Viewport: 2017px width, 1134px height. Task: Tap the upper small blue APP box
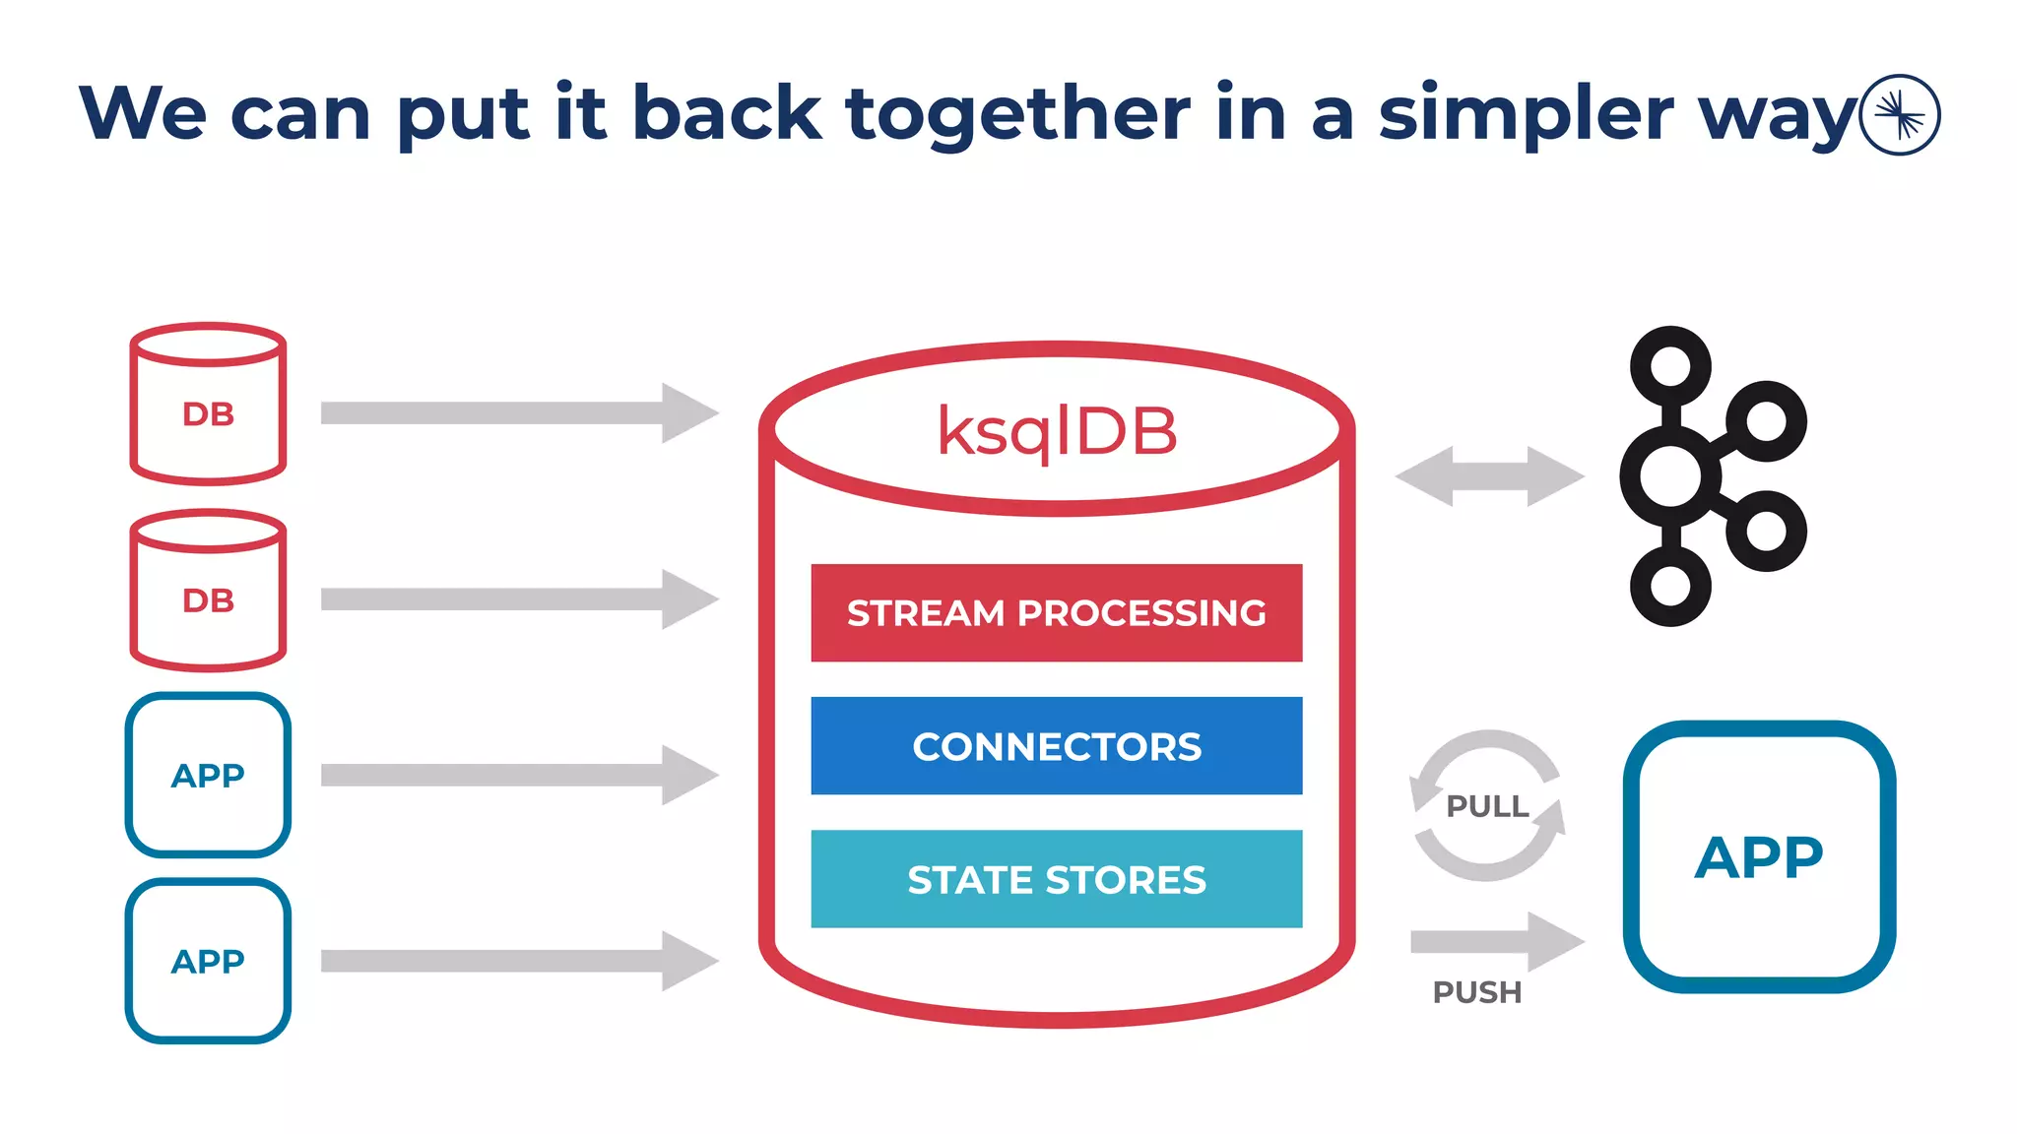(208, 775)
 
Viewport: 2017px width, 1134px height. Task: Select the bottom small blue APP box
(208, 961)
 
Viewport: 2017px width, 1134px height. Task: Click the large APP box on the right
(1759, 856)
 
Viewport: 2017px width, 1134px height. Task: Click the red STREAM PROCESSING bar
(1056, 612)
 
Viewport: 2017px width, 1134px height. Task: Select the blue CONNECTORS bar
(1056, 746)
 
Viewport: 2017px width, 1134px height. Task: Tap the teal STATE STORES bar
(1056, 879)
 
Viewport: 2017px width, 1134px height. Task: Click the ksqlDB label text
(1056, 431)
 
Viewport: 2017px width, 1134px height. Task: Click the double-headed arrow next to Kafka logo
(1489, 476)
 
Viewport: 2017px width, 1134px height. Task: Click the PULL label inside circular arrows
(1487, 806)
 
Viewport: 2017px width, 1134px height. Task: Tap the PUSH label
(1476, 992)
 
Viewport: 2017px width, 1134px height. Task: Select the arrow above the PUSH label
(1497, 942)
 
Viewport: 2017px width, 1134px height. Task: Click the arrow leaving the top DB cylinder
(519, 412)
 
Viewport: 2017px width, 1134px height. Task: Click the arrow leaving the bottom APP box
(519, 961)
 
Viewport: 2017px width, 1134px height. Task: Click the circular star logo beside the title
(1900, 115)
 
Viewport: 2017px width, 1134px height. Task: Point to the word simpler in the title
(1525, 114)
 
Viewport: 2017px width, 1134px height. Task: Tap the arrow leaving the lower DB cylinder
(519, 598)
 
